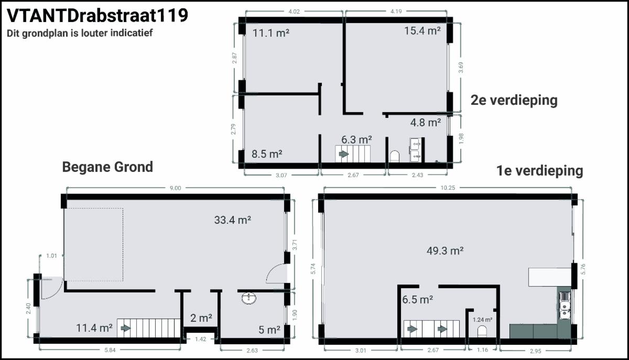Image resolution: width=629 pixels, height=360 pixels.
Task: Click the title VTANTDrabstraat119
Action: pyautogui.click(x=97, y=15)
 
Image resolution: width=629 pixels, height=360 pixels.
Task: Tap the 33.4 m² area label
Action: pyautogui.click(x=233, y=220)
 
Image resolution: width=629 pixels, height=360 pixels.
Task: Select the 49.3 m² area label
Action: pyautogui.click(x=445, y=250)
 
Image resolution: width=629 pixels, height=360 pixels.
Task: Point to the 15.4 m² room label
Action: pyautogui.click(x=422, y=30)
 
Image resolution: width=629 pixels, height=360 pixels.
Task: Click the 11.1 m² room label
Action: pyautogui.click(x=271, y=33)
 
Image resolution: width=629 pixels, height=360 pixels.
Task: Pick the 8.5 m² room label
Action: pyautogui.click(x=267, y=154)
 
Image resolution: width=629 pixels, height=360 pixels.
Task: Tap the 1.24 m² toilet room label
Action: pyautogui.click(x=482, y=320)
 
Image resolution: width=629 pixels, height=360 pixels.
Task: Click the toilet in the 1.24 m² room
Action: pyautogui.click(x=482, y=331)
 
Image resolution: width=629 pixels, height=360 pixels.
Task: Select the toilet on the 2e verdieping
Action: pyautogui.click(x=395, y=156)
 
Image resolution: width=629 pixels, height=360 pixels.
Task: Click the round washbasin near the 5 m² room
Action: pyautogui.click(x=249, y=298)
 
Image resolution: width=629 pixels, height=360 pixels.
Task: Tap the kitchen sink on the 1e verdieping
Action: pyautogui.click(x=565, y=306)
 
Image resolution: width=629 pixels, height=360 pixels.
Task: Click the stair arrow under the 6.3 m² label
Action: pyautogui.click(x=344, y=154)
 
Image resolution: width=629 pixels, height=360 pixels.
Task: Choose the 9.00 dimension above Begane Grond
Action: pyautogui.click(x=175, y=188)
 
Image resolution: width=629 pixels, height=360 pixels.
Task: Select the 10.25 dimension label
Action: pyautogui.click(x=448, y=188)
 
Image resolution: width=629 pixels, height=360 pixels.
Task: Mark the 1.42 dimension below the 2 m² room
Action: pyautogui.click(x=200, y=339)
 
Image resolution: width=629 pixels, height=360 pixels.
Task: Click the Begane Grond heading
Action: pyautogui.click(x=107, y=167)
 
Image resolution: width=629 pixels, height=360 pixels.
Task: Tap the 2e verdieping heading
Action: pyautogui.click(x=514, y=100)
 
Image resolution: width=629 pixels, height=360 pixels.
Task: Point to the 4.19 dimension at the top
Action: pyautogui.click(x=396, y=12)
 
